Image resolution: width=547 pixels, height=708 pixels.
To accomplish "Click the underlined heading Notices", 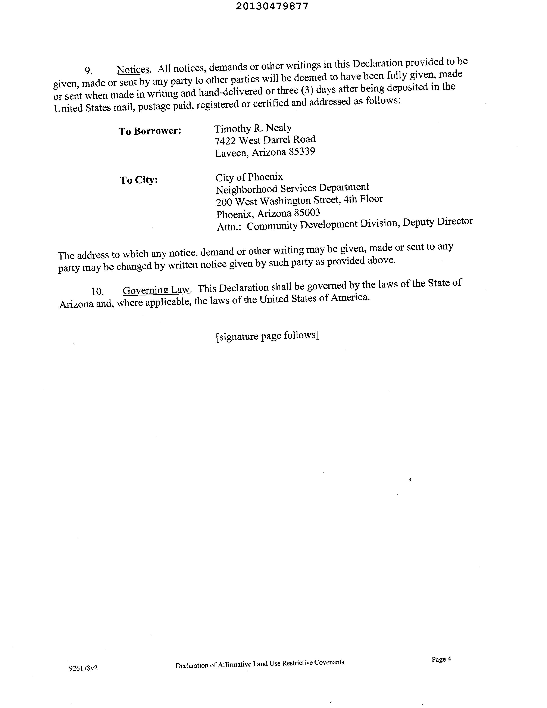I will click(133, 69).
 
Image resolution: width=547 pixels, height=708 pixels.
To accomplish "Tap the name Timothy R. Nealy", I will click(253, 128).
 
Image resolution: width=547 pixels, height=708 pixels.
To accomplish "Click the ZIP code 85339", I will click(302, 151).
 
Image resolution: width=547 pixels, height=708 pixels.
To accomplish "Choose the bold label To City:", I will click(139, 180).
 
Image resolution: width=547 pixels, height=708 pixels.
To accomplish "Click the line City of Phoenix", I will click(249, 177).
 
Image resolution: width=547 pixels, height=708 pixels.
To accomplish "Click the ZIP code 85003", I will click(307, 213).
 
